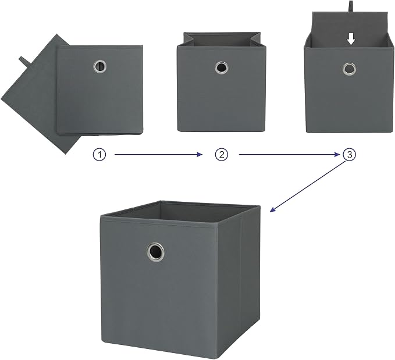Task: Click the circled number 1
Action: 99,155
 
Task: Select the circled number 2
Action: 222,155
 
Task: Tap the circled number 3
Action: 350,155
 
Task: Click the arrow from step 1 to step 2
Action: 158,155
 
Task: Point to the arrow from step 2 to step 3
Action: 290,155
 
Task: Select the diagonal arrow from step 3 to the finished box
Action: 308,187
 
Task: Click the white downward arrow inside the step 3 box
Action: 351,40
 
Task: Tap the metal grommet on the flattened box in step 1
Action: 99,66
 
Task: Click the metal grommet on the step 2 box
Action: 222,68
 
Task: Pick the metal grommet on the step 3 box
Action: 349,69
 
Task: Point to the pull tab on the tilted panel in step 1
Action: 24,62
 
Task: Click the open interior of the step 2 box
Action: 222,40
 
